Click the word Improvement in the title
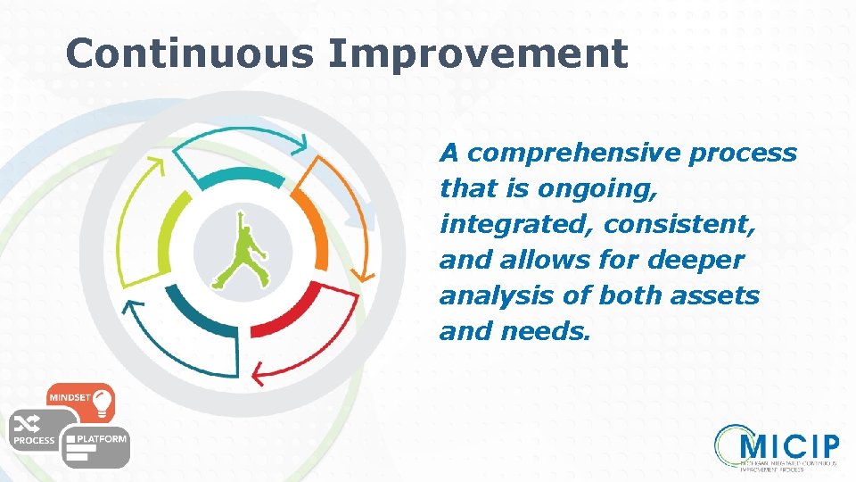pos(478,54)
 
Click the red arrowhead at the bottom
pos(259,370)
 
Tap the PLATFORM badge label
pos(102,438)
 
